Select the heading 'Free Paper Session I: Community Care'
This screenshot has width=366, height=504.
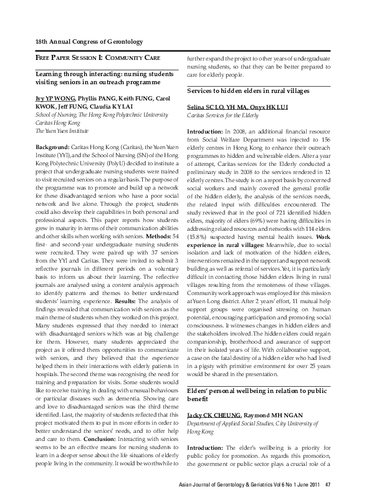pyautogui.click(x=97, y=58)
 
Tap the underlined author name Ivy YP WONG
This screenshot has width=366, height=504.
pyautogui.click(x=55, y=99)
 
